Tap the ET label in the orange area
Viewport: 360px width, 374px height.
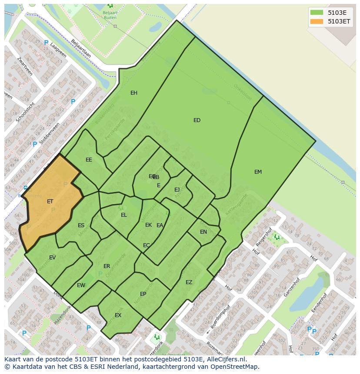coord(50,202)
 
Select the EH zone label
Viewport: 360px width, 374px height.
coord(134,93)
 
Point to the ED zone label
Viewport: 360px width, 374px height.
coord(197,120)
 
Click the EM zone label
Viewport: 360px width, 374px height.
coord(258,172)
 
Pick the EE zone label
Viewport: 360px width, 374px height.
coord(89,160)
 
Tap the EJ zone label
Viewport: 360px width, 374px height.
coord(177,190)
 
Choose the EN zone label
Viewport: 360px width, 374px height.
coord(203,232)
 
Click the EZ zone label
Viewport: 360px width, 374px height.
coord(189,282)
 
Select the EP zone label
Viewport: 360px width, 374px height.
coord(143,294)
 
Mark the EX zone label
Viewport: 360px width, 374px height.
coord(118,315)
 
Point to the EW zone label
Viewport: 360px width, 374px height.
coord(81,285)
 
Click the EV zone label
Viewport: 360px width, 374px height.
coord(52,258)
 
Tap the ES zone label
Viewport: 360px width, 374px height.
coord(81,225)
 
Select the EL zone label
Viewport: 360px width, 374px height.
coord(124,215)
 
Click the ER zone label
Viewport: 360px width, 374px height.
coord(107,266)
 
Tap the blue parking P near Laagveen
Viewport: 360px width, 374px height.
coord(46,43)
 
